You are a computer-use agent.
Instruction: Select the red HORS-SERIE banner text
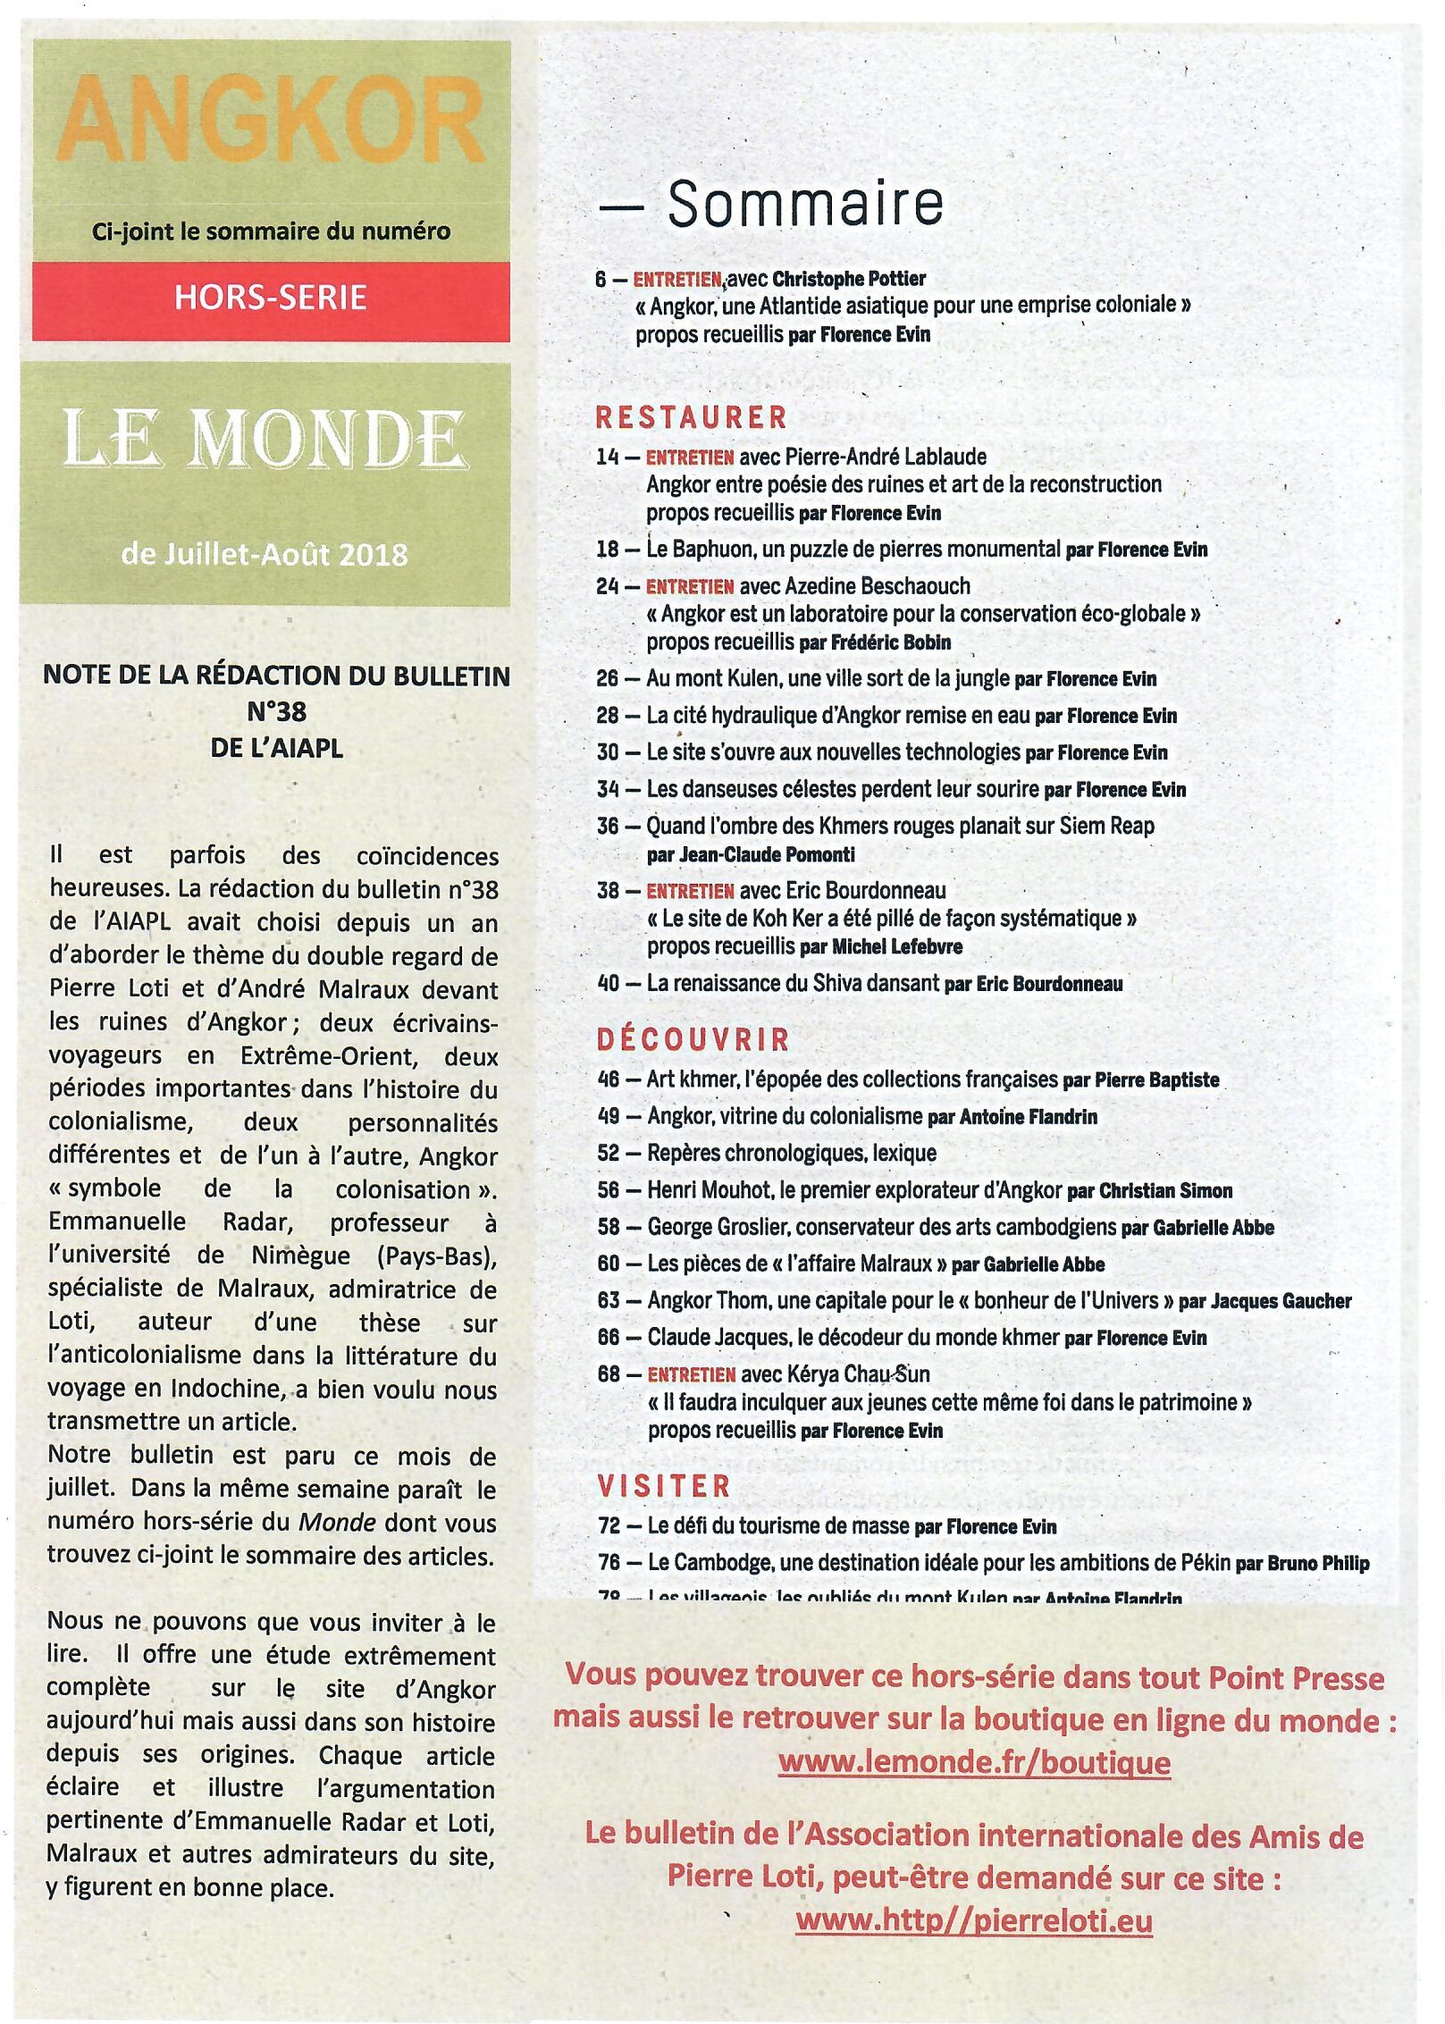271,298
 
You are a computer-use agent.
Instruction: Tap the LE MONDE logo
265,441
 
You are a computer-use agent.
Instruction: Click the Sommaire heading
804,205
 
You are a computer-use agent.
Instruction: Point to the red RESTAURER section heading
692,418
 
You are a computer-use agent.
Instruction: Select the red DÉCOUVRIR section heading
693,1039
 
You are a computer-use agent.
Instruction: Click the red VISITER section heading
665,1487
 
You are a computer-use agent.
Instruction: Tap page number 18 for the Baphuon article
608,549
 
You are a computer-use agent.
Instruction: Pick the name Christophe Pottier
849,279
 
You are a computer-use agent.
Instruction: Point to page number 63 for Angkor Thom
609,1300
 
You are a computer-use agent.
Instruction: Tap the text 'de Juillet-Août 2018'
265,555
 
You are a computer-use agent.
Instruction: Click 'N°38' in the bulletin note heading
276,712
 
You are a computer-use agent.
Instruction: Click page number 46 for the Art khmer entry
609,1079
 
